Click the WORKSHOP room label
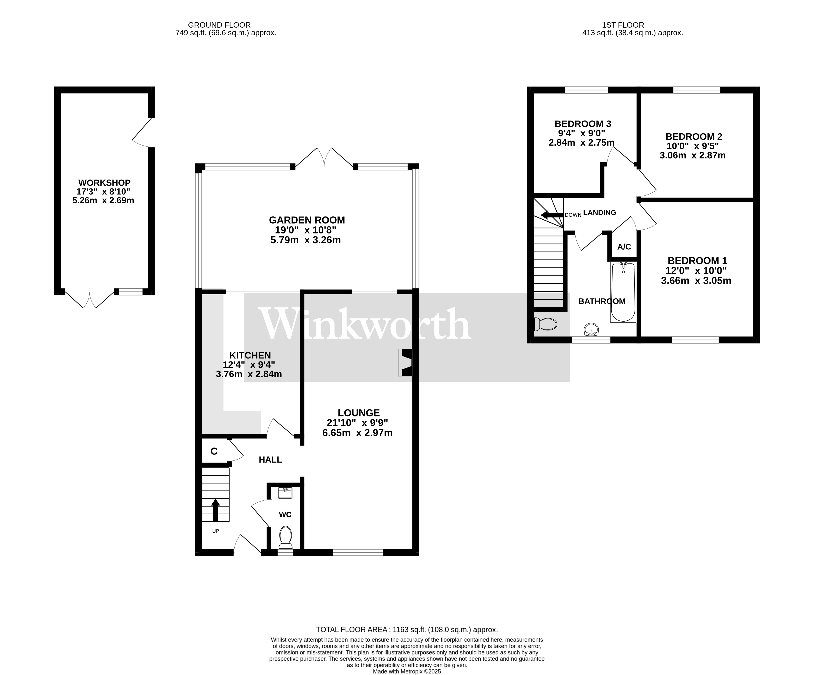click(x=104, y=183)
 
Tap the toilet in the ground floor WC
click(x=286, y=537)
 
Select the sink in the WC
click(x=285, y=493)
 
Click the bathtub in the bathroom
click(x=623, y=292)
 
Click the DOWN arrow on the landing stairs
click(x=551, y=215)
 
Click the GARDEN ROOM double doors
click(x=324, y=158)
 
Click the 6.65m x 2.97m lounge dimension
click(x=357, y=433)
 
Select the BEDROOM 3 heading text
click(x=583, y=124)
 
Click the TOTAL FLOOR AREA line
click(x=407, y=630)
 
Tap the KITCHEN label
click(x=250, y=355)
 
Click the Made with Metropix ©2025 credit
click(x=407, y=672)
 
